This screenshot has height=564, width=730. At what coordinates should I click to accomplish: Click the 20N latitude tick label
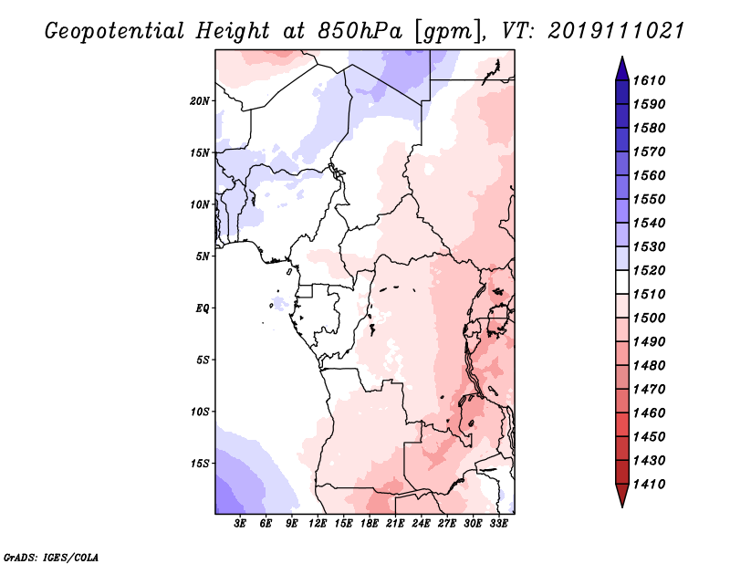click(x=200, y=100)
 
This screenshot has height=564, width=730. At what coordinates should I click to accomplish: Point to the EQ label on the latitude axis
click(x=203, y=308)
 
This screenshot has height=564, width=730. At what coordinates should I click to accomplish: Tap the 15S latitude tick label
click(x=200, y=463)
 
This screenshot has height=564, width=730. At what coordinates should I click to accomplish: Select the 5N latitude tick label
click(x=203, y=256)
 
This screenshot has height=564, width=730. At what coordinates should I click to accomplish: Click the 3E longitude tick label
click(x=241, y=524)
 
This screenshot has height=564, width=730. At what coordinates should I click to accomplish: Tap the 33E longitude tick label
click(x=499, y=524)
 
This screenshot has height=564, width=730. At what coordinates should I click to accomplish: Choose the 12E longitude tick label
click(x=318, y=524)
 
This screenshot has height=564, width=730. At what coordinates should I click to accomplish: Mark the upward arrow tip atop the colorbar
click(x=620, y=60)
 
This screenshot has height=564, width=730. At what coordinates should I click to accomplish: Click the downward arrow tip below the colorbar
click(x=620, y=504)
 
